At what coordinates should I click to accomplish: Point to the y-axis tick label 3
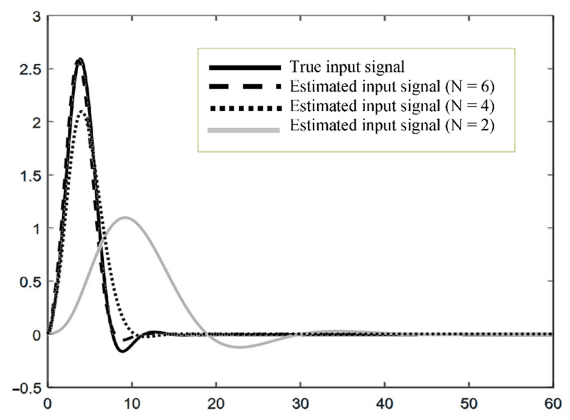tap(37, 18)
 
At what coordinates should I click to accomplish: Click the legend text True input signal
tap(347, 67)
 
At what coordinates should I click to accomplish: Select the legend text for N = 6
tap(392, 86)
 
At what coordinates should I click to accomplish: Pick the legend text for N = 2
tap(392, 125)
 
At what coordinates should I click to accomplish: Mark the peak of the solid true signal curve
tap(81, 59)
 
